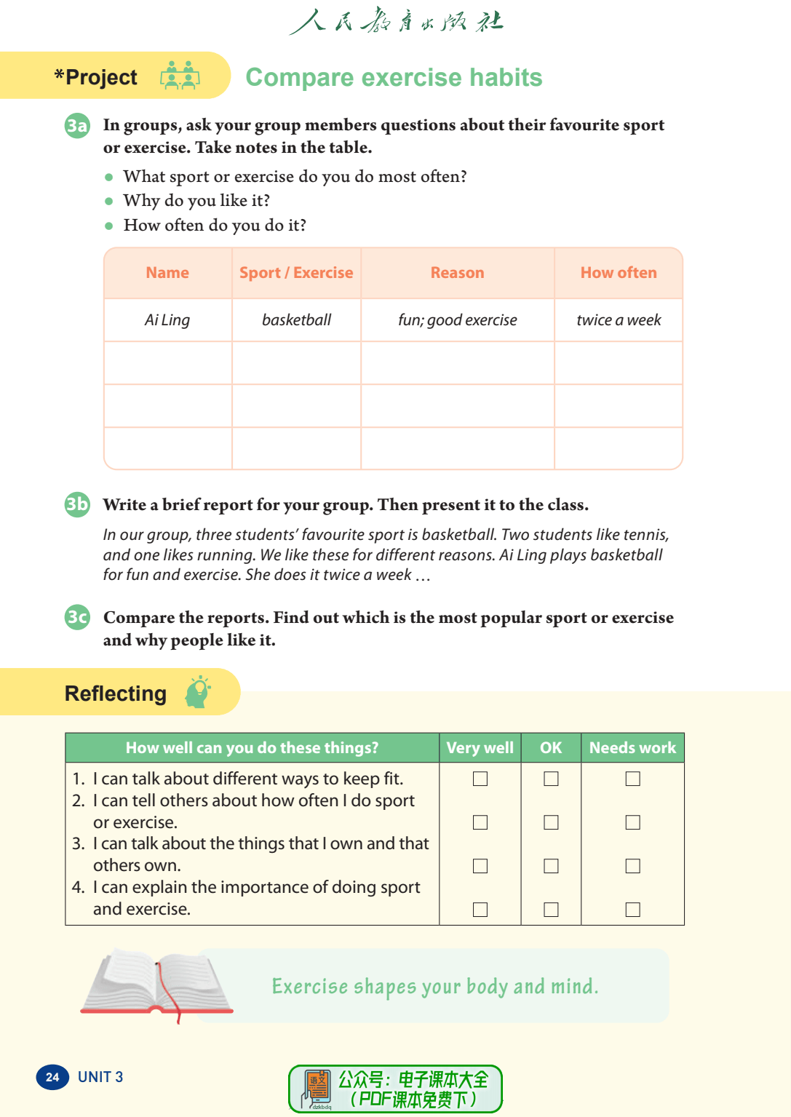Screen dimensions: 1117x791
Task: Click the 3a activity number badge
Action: (77, 126)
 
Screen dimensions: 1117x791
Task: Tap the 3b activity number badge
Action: (77, 504)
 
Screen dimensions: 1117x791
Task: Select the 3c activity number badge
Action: (77, 618)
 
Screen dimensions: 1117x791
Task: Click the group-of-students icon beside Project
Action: (180, 76)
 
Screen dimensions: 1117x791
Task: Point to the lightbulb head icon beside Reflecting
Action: (198, 692)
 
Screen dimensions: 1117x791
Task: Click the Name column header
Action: (167, 273)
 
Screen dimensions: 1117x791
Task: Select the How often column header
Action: (619, 273)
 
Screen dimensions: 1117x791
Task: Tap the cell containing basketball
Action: (296, 320)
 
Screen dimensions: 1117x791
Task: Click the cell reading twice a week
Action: (619, 320)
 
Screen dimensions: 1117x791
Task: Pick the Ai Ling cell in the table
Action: (167, 320)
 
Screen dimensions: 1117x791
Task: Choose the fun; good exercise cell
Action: (457, 320)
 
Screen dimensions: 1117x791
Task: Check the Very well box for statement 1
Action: (480, 779)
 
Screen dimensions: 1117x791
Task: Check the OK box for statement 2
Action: (552, 822)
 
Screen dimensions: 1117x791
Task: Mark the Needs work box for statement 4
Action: (633, 910)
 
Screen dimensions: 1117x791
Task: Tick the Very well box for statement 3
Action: (480, 866)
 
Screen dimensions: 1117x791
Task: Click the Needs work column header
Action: (632, 748)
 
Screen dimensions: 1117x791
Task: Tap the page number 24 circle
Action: (52, 1077)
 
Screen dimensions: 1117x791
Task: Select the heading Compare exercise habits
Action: (394, 77)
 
